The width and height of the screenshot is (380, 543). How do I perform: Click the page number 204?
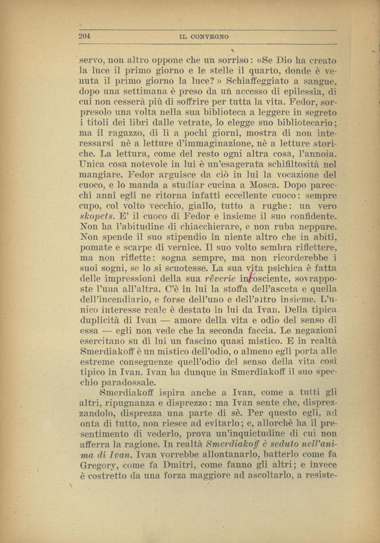pyautogui.click(x=84, y=36)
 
